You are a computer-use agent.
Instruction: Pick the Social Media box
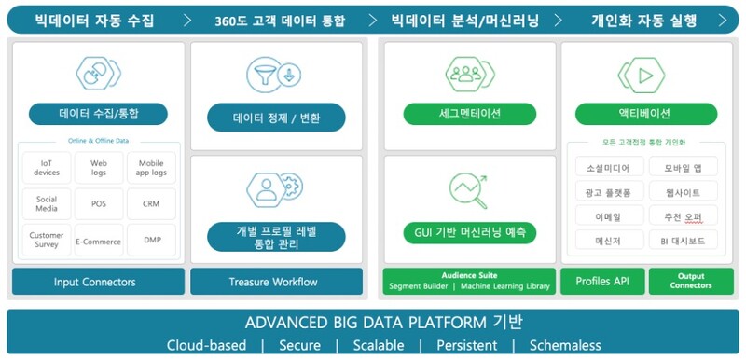pyautogui.click(x=46, y=203)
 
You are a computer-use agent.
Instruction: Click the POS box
pyautogui.click(x=99, y=203)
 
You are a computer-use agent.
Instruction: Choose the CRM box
pyautogui.click(x=152, y=203)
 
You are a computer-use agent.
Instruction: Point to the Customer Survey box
pyautogui.click(x=46, y=241)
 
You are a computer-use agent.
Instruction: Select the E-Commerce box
pyautogui.click(x=99, y=241)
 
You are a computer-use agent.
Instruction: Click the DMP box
pyautogui.click(x=152, y=241)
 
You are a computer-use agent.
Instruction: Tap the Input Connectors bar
pyautogui.click(x=94, y=282)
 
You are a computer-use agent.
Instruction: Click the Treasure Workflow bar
pyautogui.click(x=276, y=282)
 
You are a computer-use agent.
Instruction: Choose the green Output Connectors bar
pyautogui.click(x=690, y=282)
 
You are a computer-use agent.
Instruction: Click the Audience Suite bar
pyautogui.click(x=468, y=282)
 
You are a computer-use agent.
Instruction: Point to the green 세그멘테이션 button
pyautogui.click(x=470, y=114)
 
